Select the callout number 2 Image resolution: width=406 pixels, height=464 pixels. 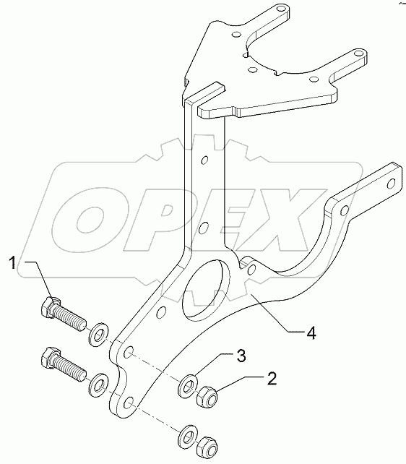pyautogui.click(x=272, y=378)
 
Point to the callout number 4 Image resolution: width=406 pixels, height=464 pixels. pyautogui.click(x=311, y=333)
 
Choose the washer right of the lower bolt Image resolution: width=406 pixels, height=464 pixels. pyautogui.click(x=98, y=383)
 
